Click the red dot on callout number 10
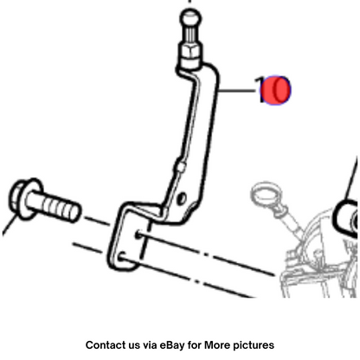(x=275, y=90)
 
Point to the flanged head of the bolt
(x=24, y=199)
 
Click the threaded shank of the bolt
(x=55, y=206)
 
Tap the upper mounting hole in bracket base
(x=138, y=235)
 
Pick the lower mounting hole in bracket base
(x=122, y=257)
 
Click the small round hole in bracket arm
(x=181, y=199)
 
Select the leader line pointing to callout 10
(x=237, y=91)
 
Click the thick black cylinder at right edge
(x=346, y=219)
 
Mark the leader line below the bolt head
(x=10, y=224)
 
